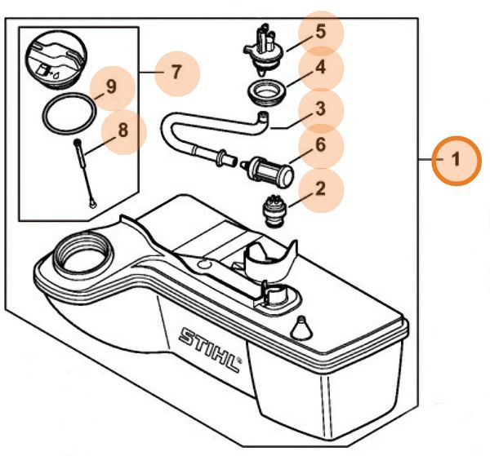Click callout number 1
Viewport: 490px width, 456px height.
pyautogui.click(x=457, y=158)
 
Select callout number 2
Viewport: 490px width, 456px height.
pyautogui.click(x=320, y=188)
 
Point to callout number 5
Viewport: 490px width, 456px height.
pyautogui.click(x=320, y=33)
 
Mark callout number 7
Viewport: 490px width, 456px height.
pyautogui.click(x=176, y=72)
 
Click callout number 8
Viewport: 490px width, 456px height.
pyautogui.click(x=122, y=130)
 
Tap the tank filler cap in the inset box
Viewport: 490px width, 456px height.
pyautogui.click(x=55, y=57)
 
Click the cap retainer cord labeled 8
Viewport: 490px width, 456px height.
pyautogui.click(x=85, y=171)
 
